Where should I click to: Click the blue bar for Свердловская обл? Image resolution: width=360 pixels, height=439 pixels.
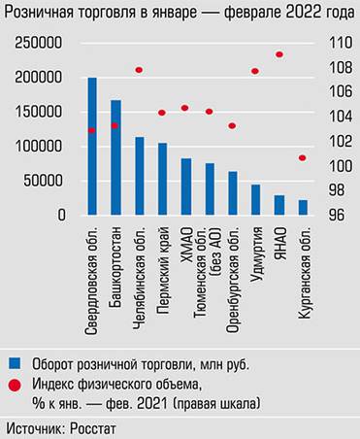(92, 146)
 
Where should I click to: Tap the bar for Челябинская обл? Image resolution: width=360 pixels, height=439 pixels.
(139, 176)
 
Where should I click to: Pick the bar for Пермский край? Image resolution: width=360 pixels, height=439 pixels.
(162, 179)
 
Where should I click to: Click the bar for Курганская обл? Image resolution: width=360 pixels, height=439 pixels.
(303, 208)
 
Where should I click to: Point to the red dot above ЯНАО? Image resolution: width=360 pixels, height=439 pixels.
(279, 54)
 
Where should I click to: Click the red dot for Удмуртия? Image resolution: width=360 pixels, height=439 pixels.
(255, 71)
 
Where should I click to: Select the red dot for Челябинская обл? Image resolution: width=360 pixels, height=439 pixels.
(139, 70)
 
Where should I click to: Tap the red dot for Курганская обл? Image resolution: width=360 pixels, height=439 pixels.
(303, 157)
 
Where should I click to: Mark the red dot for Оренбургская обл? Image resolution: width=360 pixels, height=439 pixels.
(232, 125)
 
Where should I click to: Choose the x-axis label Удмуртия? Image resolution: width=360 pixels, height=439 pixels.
(256, 254)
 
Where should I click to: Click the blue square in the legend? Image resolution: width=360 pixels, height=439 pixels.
(15, 363)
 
